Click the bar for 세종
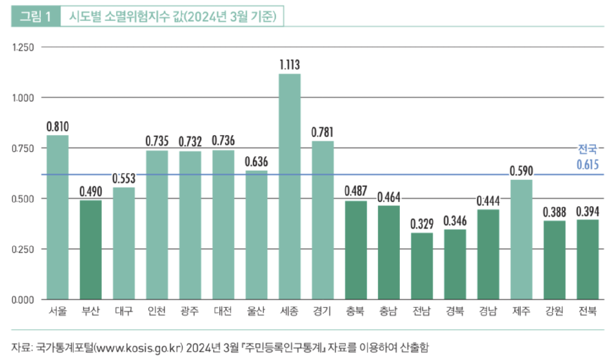290,186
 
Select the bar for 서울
58,217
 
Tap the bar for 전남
422,266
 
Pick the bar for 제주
521,239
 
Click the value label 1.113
290,65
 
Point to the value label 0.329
422,224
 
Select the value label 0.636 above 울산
257,162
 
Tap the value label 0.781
323,132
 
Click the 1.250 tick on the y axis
23,47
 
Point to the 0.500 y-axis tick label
23,199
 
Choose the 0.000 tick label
23,300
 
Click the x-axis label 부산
91,311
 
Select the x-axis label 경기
323,311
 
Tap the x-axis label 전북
588,311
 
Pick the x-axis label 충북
356,311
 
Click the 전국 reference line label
588,149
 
